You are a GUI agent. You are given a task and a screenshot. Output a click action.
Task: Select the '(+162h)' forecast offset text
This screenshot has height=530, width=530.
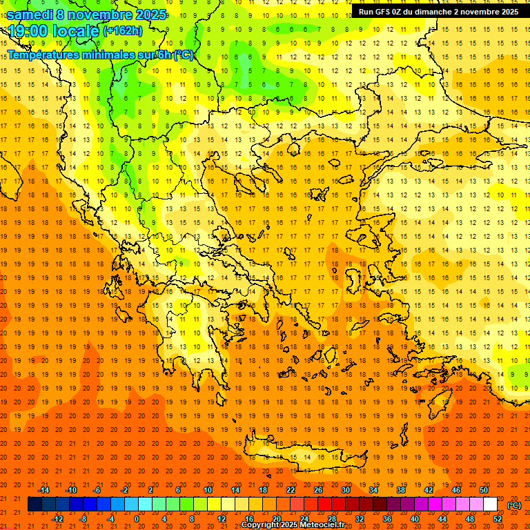click(x=123, y=31)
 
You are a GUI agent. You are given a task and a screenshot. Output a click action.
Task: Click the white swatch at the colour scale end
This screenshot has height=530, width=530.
click(x=490, y=504)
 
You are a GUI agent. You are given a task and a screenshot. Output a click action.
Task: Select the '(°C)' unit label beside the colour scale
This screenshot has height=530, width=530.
click(x=514, y=504)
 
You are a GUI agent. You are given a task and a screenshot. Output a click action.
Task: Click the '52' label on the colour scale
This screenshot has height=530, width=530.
click(x=498, y=519)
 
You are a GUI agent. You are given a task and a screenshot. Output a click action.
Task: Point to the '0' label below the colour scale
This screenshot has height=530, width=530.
click(x=136, y=519)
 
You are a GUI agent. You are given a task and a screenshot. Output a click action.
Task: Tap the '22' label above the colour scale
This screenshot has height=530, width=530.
click(x=291, y=490)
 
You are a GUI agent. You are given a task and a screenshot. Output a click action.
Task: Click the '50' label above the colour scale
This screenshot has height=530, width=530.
click(x=484, y=490)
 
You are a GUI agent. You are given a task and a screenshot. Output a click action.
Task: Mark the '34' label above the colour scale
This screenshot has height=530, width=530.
click(x=373, y=490)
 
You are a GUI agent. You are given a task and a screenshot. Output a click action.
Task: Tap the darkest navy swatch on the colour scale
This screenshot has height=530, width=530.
click(x=35, y=504)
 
